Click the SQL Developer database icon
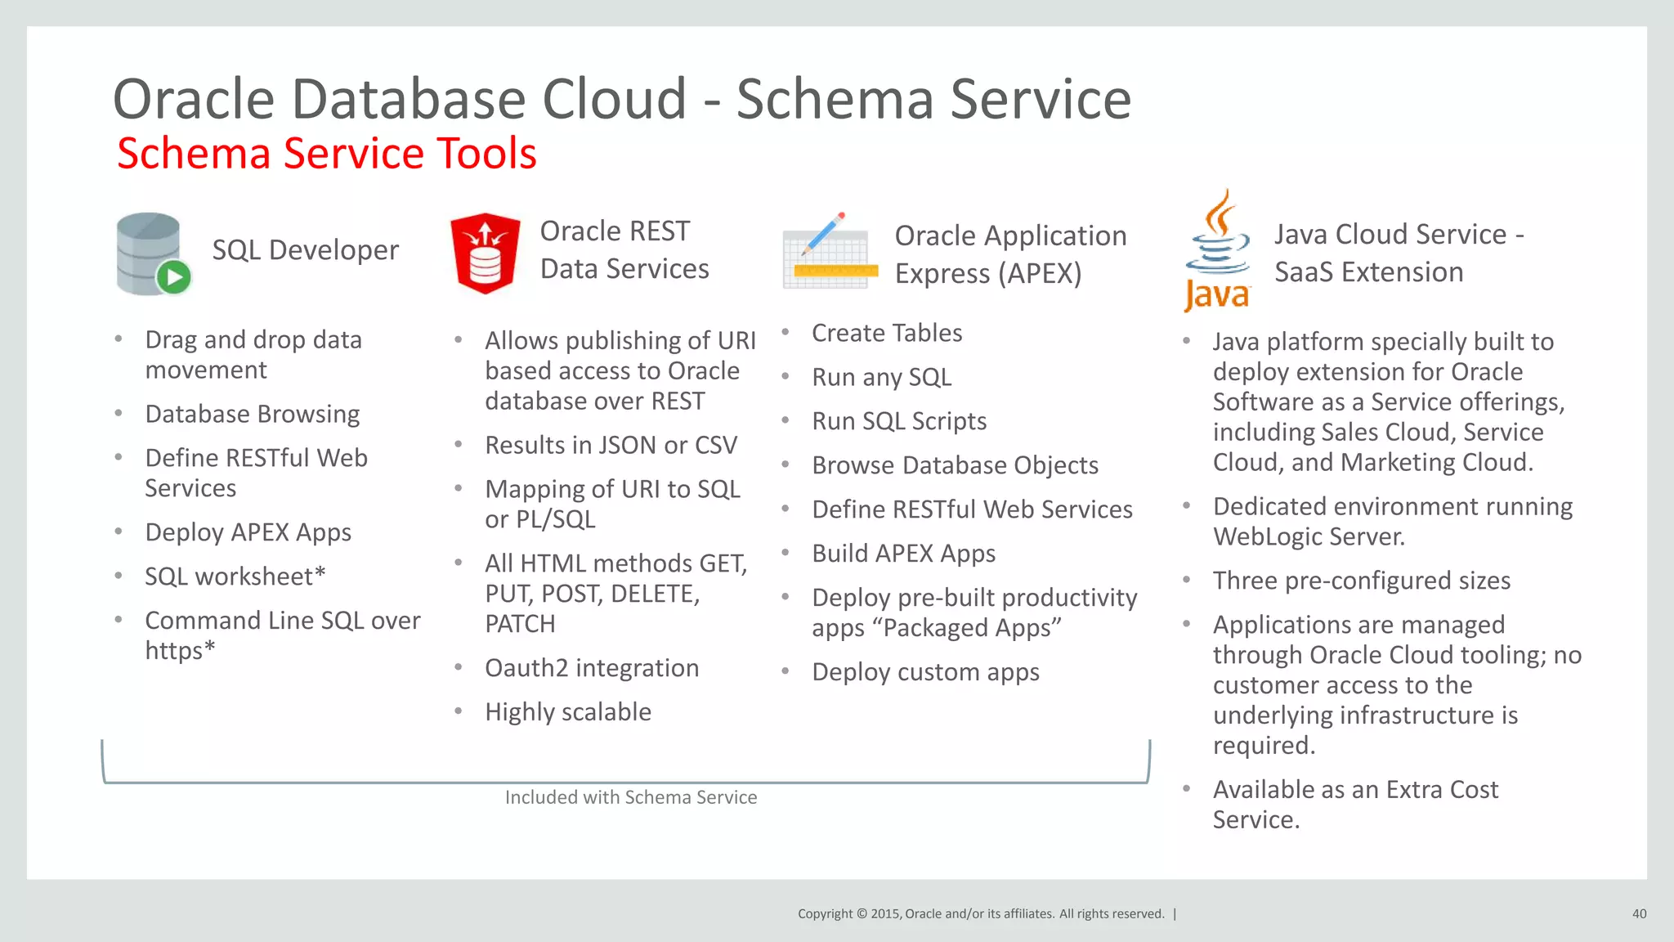[152, 253]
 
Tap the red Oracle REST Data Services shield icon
[485, 253]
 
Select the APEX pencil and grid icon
[830, 252]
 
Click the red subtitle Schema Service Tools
[326, 154]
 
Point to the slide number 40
[1639, 913]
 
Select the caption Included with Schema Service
[630, 797]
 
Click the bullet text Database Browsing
[252, 414]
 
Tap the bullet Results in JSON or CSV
[611, 445]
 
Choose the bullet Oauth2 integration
[591, 668]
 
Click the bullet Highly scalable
[567, 712]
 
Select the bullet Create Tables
[886, 333]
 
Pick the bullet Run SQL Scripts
[898, 421]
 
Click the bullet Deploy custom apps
[924, 672]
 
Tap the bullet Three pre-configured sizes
[1361, 581]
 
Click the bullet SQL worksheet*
[235, 576]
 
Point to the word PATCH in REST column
[520, 624]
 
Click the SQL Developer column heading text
[305, 250]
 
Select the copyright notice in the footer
[980, 913]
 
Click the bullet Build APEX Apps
[903, 554]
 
